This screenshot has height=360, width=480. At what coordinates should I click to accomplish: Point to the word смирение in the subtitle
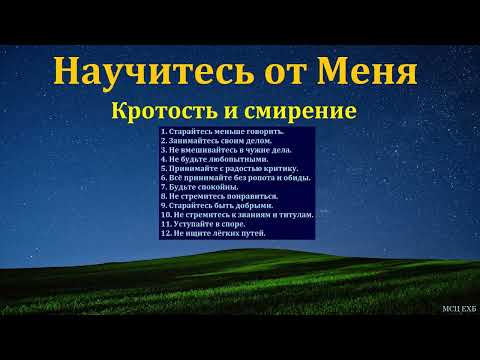308,108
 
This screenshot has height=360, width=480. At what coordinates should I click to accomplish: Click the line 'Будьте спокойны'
199,187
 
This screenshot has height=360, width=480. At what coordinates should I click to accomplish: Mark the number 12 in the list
165,233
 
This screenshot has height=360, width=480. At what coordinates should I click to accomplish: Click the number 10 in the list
165,215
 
